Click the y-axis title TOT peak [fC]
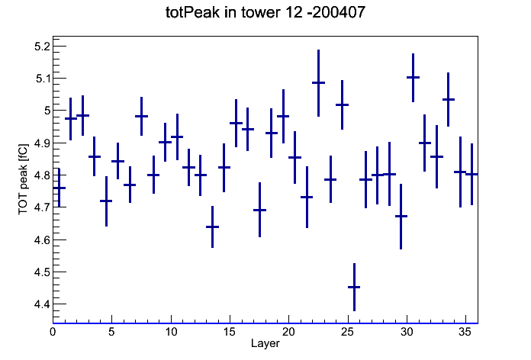[23, 179]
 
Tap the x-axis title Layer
[265, 343]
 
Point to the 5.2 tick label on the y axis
[42, 46]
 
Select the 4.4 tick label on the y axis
[42, 304]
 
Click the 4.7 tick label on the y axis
[42, 207]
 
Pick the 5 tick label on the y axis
[47, 111]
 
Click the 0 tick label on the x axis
[53, 332]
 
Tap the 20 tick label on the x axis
[288, 332]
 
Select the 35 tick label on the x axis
[465, 332]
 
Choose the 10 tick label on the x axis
[171, 332]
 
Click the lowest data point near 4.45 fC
[354, 288]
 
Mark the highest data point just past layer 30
[414, 78]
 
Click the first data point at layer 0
[60, 188]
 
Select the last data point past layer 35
[471, 174]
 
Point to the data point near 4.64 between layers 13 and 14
[212, 227]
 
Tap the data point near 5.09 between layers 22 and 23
[318, 82]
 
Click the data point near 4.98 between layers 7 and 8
[142, 116]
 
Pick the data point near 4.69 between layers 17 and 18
[259, 210]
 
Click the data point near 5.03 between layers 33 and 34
[449, 100]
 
